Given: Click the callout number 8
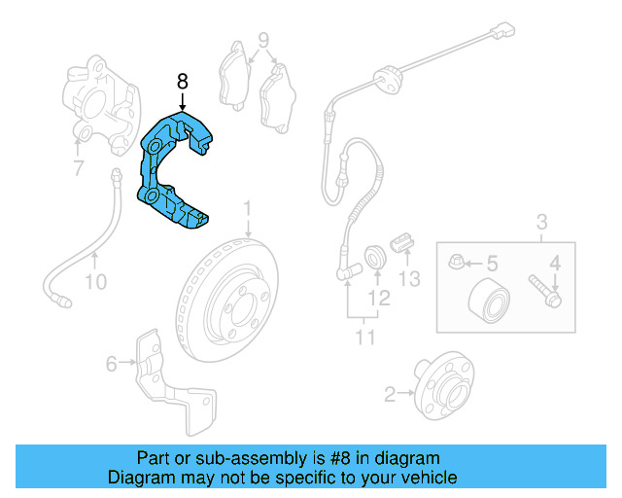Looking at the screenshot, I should coord(182,82).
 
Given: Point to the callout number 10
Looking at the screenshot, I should coord(94,283).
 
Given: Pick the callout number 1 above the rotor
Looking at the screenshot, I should coord(248,209).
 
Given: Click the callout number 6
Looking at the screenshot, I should coord(111,365).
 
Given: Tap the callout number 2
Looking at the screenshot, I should coord(391,394).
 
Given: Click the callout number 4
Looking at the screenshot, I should coord(556,262).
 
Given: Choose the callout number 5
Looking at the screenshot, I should coord(492,263).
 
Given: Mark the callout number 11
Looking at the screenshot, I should coord(363,338).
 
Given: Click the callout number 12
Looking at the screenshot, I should coord(380,298).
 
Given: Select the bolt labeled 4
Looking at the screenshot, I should coord(542,289).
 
